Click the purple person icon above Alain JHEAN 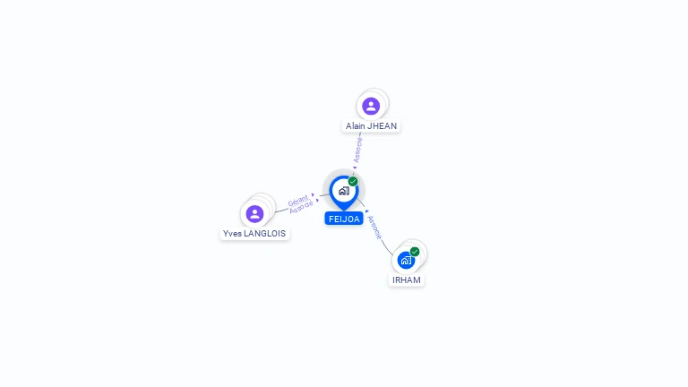pos(371,107)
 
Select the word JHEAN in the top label pos(383,126)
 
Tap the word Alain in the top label pos(356,126)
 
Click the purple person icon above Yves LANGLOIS pos(254,214)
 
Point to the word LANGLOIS pos(266,234)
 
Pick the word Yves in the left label pos(232,234)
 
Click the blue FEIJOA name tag pos(344,219)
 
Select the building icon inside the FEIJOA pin pos(343,191)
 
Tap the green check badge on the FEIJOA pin pos(353,182)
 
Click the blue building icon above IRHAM pos(406,261)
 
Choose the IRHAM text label pos(406,280)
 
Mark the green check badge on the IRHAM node pos(415,252)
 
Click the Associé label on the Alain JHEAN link pos(358,150)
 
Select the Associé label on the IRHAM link pos(374,227)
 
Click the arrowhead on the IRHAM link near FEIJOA pos(367,211)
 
